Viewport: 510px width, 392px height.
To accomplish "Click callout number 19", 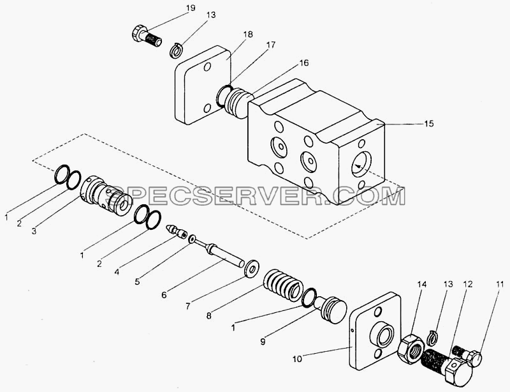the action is coord(191,8).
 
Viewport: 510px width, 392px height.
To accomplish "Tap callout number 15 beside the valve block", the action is coord(428,123).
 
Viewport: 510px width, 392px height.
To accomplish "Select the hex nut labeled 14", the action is coord(411,349).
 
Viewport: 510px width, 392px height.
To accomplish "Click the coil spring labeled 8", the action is coord(281,285).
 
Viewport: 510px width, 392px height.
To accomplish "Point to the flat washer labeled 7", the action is coord(251,269).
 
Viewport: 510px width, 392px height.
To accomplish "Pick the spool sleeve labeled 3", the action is coord(105,196).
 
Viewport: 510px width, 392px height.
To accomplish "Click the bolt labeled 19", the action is coord(147,37).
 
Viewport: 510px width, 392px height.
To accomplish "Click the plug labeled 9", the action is coord(330,310).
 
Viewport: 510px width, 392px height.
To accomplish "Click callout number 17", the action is coord(271,45).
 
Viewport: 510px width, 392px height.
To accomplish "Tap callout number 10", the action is coord(296,359).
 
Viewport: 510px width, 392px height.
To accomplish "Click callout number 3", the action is coord(34,231).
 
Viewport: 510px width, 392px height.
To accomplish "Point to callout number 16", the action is coord(304,63).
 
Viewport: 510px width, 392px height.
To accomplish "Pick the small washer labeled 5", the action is coord(193,239).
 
